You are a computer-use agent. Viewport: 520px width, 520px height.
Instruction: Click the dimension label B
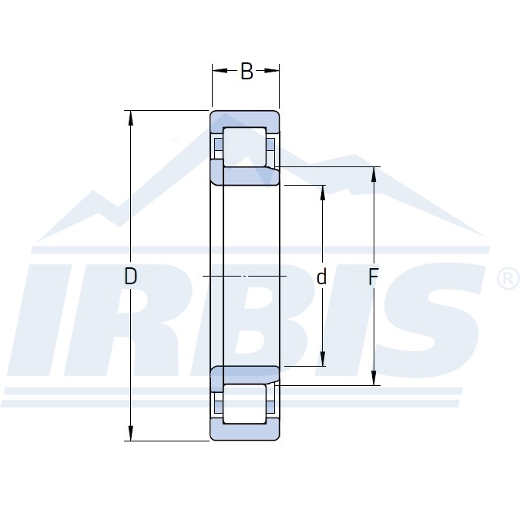click(247, 72)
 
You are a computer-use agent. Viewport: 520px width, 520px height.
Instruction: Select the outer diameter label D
click(131, 276)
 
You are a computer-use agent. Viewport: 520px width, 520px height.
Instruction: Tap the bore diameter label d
click(322, 277)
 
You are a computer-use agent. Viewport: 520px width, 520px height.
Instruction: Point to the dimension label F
click(373, 277)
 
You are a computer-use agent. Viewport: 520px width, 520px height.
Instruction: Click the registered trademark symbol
click(509, 278)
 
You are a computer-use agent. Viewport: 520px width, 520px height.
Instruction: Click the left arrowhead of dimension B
click(219, 71)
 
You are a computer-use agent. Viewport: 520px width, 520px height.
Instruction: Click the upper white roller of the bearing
click(244, 145)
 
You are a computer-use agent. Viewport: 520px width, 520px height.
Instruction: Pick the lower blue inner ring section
click(245, 374)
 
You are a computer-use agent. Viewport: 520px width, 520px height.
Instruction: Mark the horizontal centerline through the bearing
click(245, 276)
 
